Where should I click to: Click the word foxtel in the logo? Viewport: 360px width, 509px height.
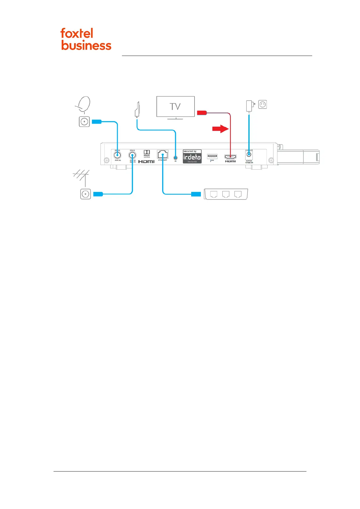click(77, 33)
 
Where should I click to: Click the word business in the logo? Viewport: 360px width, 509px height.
click(86, 45)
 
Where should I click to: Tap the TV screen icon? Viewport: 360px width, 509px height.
click(175, 106)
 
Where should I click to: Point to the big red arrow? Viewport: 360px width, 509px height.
click(220, 129)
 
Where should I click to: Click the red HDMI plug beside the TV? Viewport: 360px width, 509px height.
click(202, 113)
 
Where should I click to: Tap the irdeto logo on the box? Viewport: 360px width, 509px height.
click(192, 157)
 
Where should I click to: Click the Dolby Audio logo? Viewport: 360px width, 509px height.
click(147, 154)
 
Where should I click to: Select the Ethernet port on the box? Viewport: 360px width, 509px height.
click(163, 155)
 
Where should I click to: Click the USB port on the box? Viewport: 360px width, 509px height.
click(212, 156)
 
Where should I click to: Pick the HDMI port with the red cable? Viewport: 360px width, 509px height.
click(230, 157)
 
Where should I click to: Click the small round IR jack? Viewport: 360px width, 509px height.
click(175, 158)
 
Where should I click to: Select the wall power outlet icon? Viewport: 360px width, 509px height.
click(263, 105)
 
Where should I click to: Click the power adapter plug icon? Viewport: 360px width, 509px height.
click(250, 106)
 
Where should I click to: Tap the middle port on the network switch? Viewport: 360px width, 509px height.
click(226, 194)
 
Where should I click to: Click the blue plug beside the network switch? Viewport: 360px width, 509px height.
click(196, 194)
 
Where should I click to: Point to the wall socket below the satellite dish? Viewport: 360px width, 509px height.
click(84, 122)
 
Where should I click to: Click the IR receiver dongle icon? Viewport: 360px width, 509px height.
click(137, 109)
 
